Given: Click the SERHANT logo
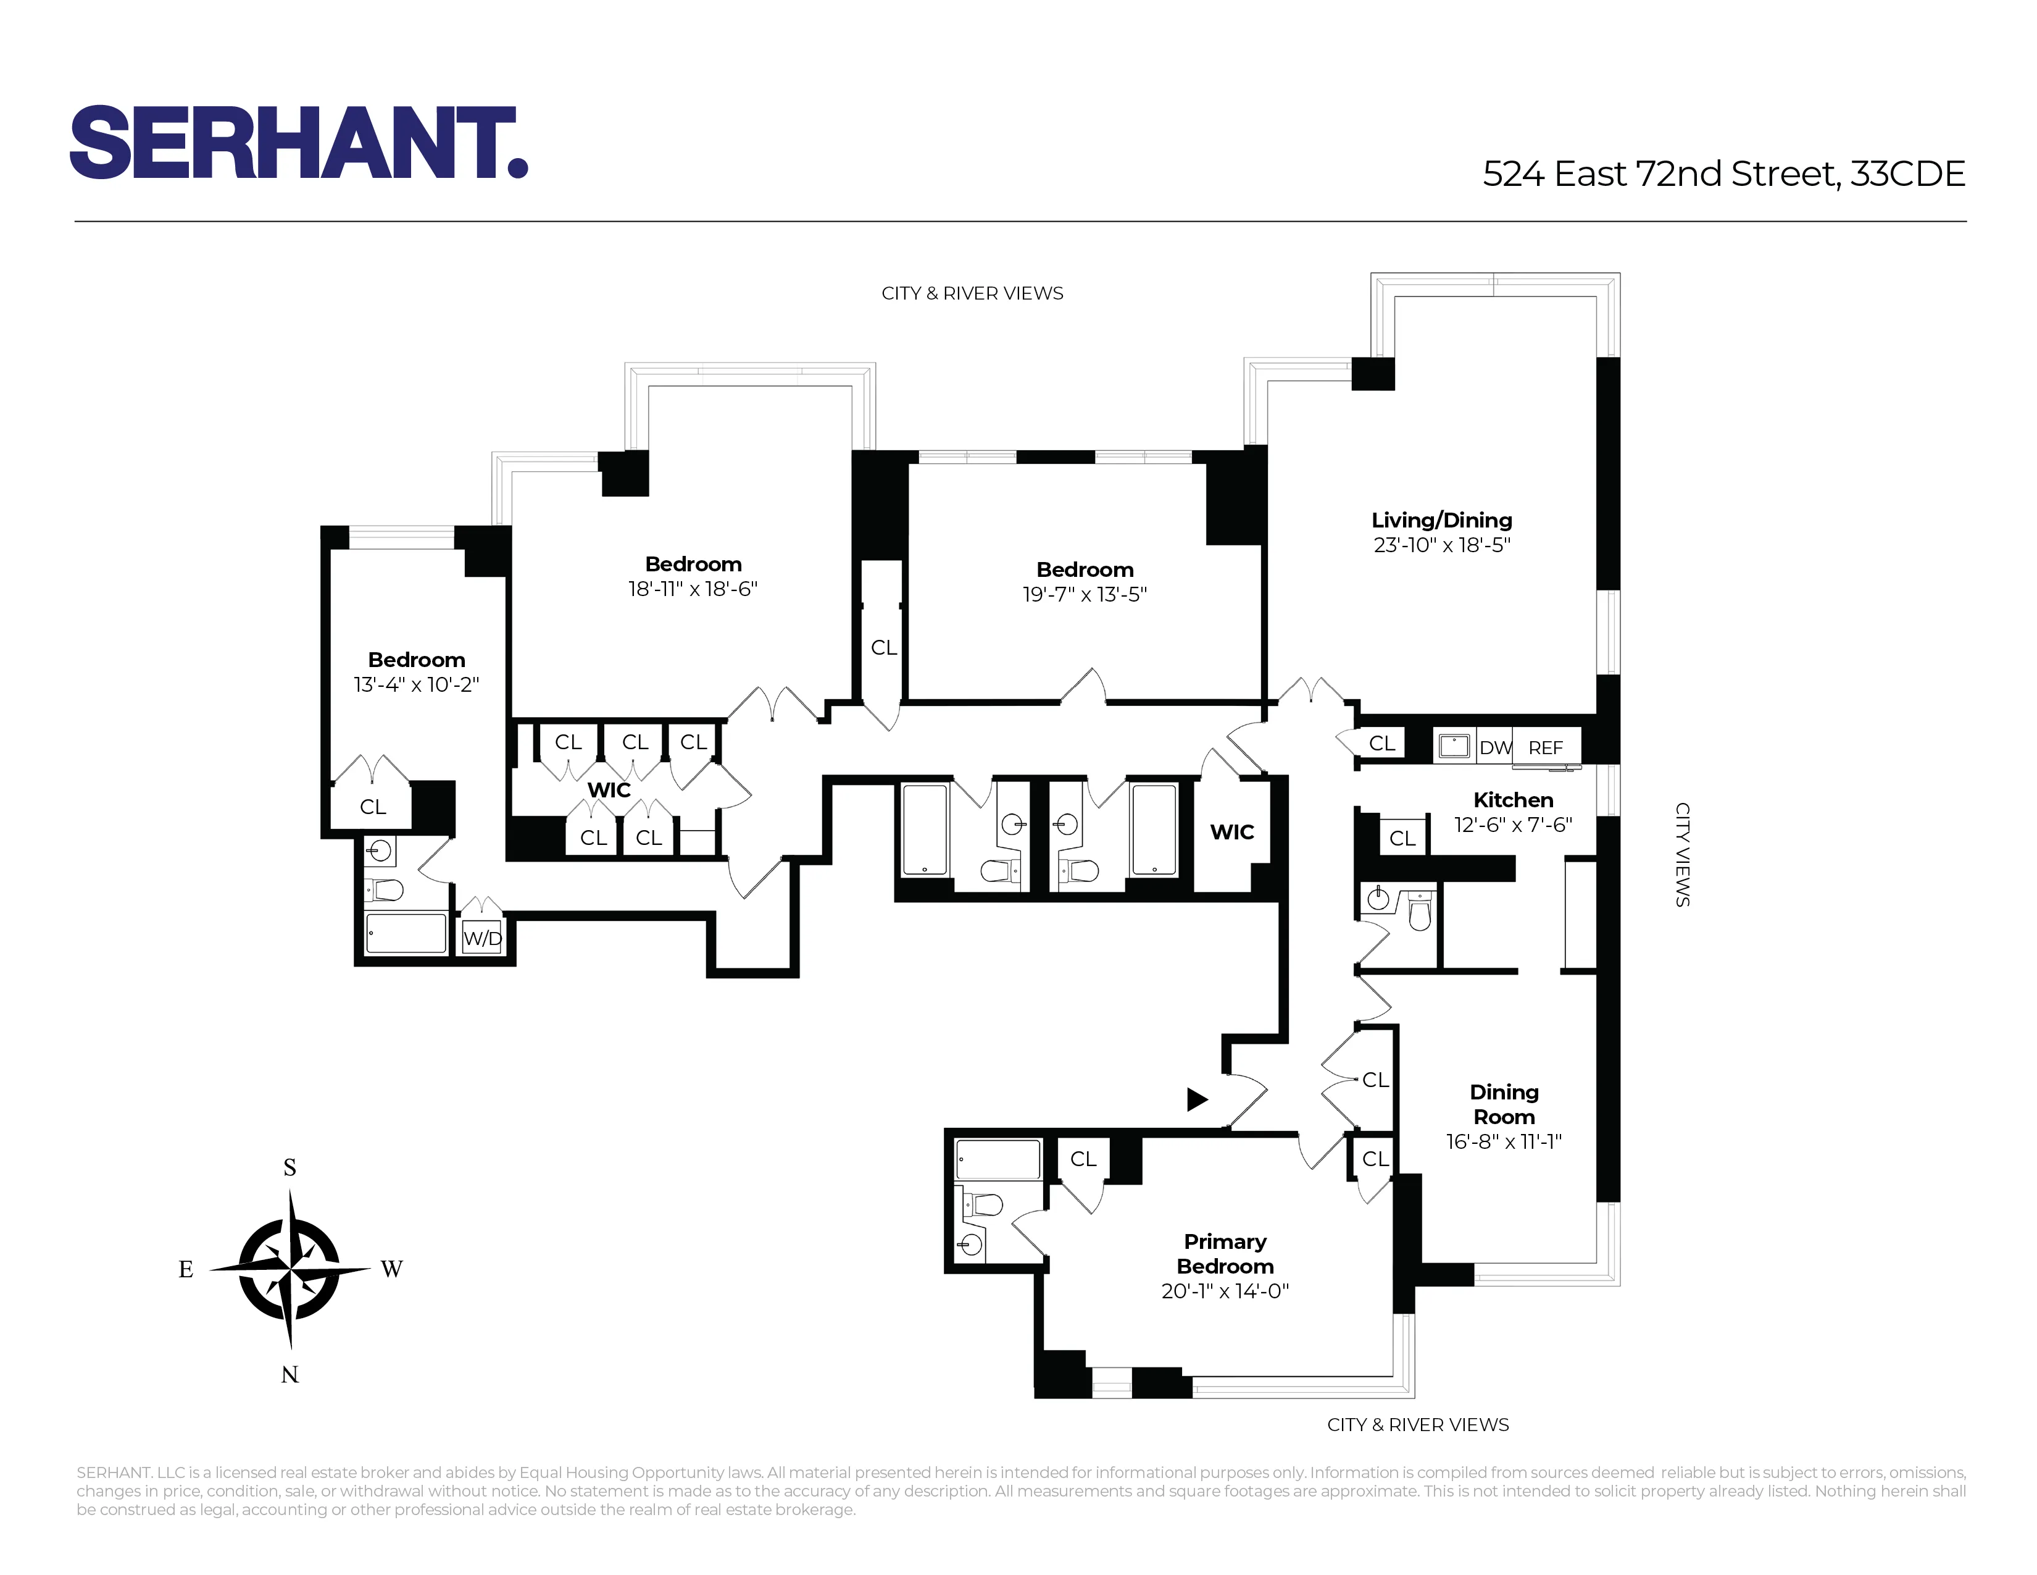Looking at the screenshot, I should pos(299,142).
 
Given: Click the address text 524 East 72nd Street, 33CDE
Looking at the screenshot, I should pos(1723,174).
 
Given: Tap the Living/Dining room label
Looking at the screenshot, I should pos(1441,521).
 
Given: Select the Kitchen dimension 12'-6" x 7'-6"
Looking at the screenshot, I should pos(1513,825).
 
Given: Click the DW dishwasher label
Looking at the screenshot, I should pos(1494,747).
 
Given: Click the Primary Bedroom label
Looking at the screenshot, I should pos(1225,1254).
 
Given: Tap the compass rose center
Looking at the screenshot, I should pos(290,1270).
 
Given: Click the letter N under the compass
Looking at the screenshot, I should pos(290,1374).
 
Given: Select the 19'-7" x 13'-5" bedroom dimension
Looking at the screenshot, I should pos(1084,594).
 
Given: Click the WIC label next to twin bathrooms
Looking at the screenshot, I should pos(1232,833).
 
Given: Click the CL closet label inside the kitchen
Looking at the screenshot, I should pos(1402,839).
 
